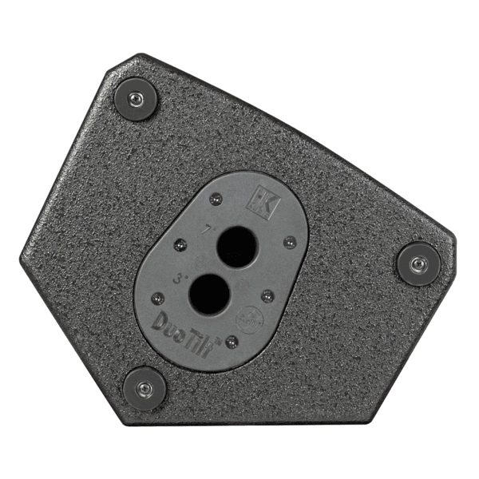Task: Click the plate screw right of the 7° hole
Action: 289,241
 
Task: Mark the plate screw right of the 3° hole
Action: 267,295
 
